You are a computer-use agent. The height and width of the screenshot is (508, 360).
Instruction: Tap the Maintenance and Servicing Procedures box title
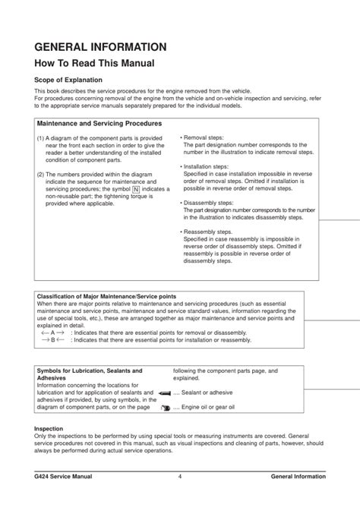pos(99,122)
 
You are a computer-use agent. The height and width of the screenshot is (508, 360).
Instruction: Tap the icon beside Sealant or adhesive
pos(165,393)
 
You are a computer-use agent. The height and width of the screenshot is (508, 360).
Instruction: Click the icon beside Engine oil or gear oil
pos(166,408)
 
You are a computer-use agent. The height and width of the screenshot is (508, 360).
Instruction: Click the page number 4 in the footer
pos(180,476)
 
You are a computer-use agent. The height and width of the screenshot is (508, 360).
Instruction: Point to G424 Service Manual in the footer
pos(68,476)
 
